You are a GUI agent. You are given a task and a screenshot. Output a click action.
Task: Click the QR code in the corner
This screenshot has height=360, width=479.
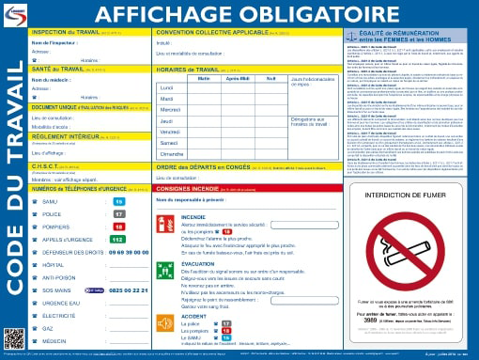click(12, 338)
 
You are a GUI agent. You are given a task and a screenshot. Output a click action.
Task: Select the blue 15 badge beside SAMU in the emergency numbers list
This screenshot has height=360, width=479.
click(118, 201)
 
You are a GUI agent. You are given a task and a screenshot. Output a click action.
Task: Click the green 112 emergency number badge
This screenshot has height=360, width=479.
click(119, 240)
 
